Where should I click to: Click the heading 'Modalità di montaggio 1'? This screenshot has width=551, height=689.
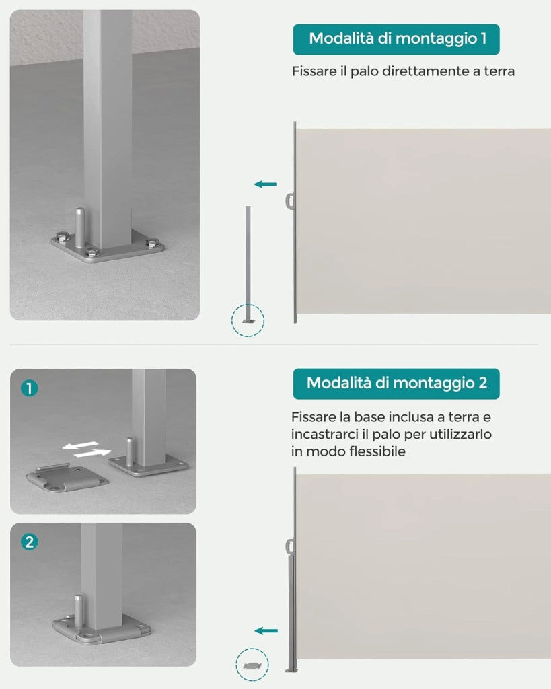[x=398, y=38]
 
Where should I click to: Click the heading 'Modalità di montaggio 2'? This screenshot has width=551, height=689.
[x=397, y=383]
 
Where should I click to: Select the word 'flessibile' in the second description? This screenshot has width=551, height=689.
[x=377, y=451]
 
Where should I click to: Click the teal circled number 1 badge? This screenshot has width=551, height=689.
[x=30, y=388]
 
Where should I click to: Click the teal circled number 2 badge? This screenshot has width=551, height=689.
[x=30, y=542]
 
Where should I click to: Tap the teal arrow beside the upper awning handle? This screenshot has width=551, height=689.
[x=265, y=184]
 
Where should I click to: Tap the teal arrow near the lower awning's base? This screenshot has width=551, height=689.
[x=266, y=631]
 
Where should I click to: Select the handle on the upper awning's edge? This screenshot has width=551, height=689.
[x=289, y=201]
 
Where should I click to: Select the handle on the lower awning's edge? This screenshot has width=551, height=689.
[x=289, y=547]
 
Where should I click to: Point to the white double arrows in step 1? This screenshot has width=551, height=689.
[x=87, y=449]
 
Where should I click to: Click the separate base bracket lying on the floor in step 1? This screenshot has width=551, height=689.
[x=67, y=478]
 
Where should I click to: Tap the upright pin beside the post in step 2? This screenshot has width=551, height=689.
[x=78, y=611]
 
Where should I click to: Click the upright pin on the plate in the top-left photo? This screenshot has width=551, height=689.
[x=80, y=227]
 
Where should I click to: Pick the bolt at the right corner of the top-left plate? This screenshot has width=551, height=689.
[x=153, y=243]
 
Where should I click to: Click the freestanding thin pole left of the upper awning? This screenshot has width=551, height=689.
[x=248, y=264]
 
